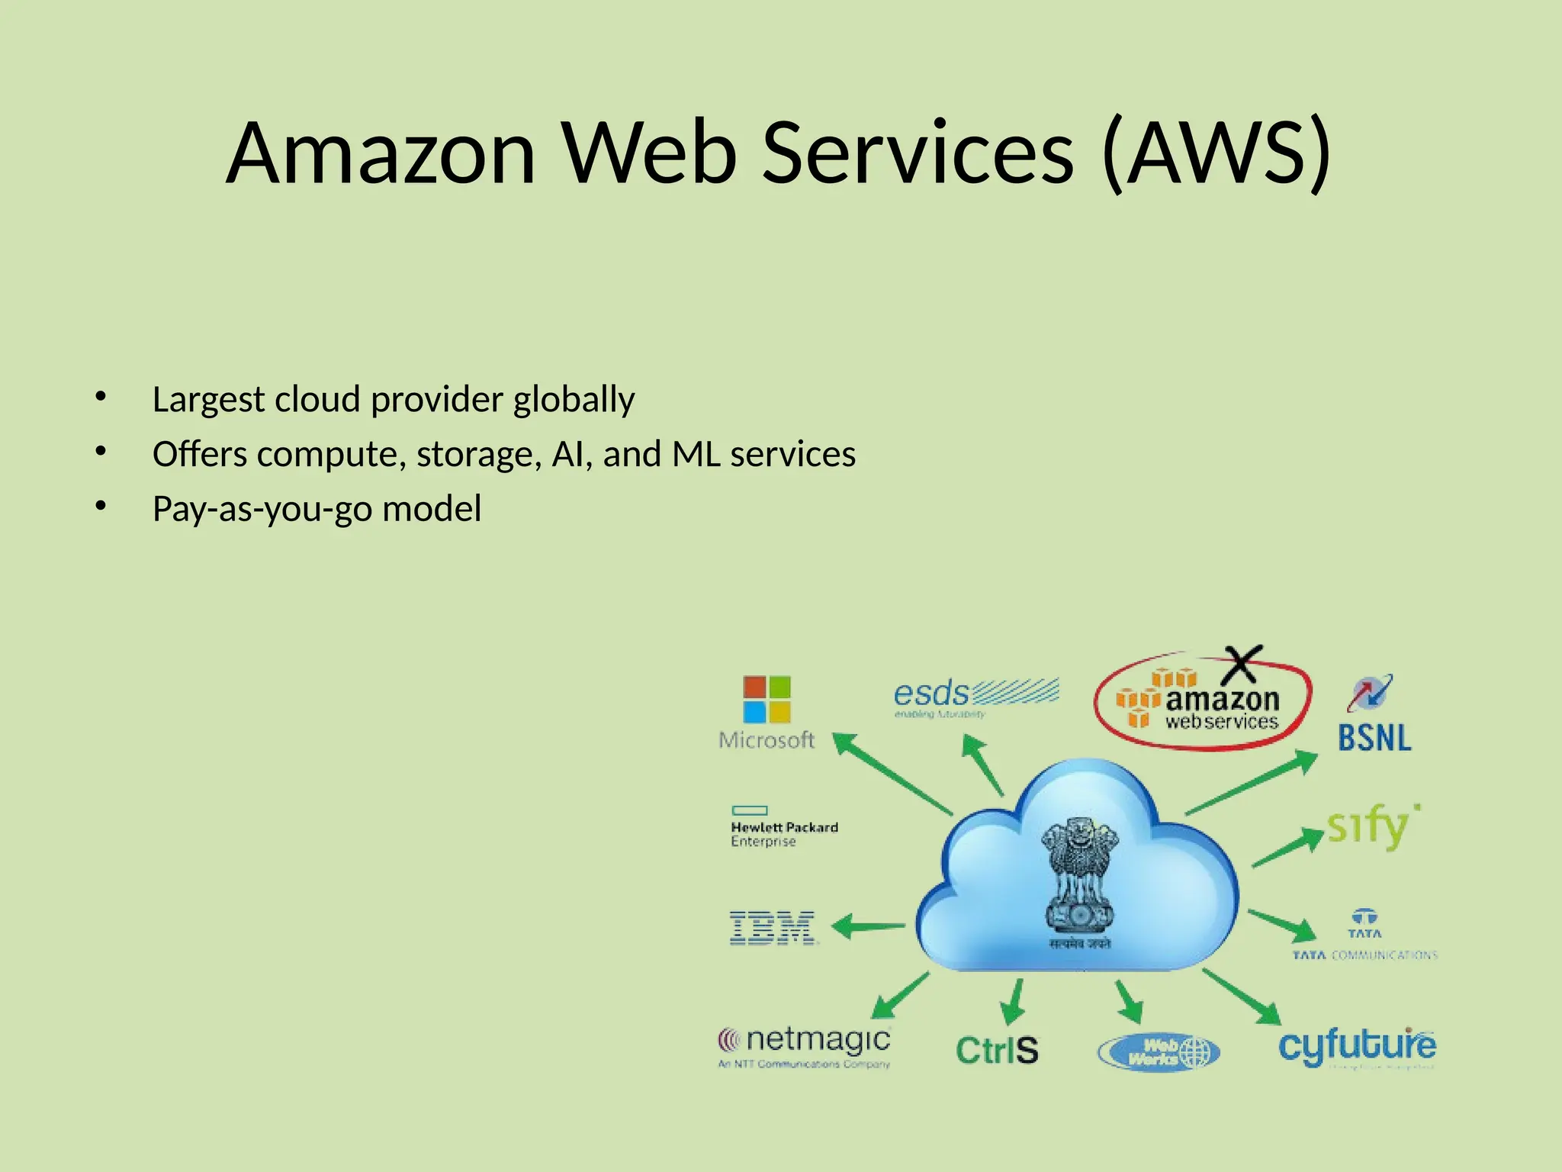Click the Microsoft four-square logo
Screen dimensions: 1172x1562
[x=767, y=699]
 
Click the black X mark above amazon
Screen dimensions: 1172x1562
[x=1242, y=665]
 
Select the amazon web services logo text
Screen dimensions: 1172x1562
[x=1220, y=710]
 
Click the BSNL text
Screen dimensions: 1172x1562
[x=1374, y=738]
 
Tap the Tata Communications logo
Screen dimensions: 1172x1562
[x=1364, y=935]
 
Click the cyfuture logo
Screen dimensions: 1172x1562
[x=1357, y=1046]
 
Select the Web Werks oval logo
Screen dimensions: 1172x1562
[x=1159, y=1053]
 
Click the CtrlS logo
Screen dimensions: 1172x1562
[x=997, y=1051]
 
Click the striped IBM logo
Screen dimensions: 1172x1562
[x=772, y=928]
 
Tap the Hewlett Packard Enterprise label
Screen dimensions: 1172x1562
[x=783, y=832]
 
